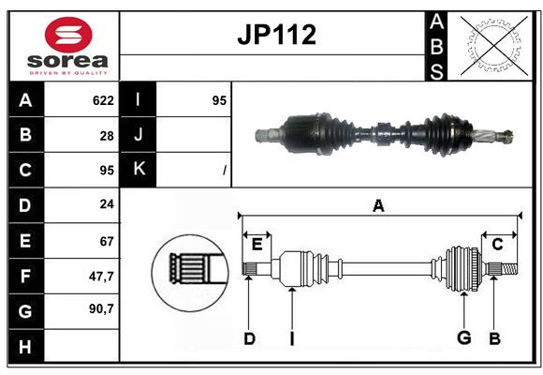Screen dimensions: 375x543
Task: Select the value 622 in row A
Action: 103,100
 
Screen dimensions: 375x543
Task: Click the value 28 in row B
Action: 107,135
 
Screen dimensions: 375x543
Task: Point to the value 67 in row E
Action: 107,241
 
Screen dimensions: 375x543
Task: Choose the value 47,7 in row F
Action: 101,276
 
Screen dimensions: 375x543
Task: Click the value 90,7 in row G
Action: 101,308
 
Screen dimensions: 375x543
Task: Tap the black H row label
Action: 25,347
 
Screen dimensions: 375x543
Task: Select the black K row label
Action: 139,170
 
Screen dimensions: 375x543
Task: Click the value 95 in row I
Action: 219,100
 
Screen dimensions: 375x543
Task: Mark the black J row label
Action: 139,135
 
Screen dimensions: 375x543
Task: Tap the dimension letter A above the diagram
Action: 378,205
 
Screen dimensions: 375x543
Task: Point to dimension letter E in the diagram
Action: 257,244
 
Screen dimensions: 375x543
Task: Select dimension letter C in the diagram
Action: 497,244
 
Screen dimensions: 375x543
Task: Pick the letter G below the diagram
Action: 463,337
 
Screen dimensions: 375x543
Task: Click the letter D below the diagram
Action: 249,338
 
